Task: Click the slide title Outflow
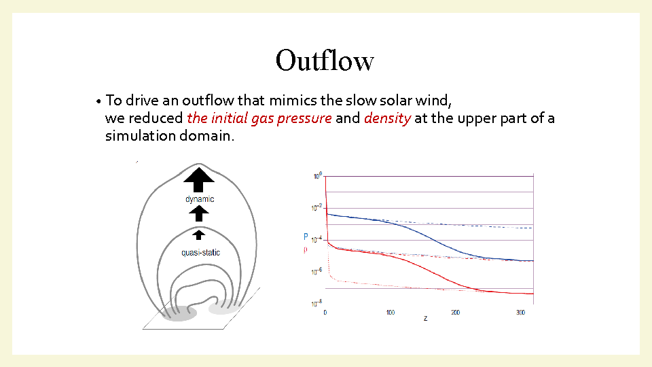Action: click(325, 60)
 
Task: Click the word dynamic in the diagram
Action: click(200, 199)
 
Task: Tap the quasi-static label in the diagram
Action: click(200, 253)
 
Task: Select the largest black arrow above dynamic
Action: click(199, 179)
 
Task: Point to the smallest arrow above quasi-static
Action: click(199, 235)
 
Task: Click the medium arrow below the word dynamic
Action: click(199, 214)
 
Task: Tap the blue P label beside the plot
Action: click(306, 237)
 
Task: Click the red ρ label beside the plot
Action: click(306, 251)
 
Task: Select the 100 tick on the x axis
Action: click(390, 312)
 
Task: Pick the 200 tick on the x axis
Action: click(455, 312)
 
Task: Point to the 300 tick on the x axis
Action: click(520, 312)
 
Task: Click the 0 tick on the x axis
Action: click(325, 312)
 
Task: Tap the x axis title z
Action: click(425, 318)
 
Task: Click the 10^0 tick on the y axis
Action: click(318, 176)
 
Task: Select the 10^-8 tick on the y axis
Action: click(317, 303)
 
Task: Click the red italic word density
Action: click(388, 118)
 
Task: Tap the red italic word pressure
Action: click(304, 118)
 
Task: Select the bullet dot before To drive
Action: click(98, 101)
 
